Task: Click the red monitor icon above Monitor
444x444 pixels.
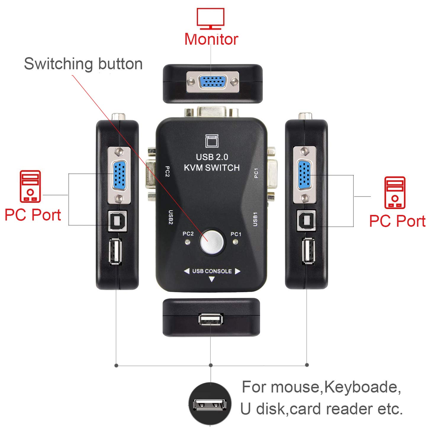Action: click(210, 19)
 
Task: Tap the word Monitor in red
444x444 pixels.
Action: click(211, 39)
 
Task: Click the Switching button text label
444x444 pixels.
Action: click(83, 64)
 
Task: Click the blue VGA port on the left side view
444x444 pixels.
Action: click(119, 174)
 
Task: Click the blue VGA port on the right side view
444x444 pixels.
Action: click(304, 174)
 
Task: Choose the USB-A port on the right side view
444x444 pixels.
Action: click(308, 250)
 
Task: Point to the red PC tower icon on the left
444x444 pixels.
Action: click(30, 186)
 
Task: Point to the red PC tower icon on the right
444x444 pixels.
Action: click(395, 193)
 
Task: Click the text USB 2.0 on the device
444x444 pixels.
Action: click(212, 157)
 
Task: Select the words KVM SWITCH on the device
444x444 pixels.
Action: click(212, 168)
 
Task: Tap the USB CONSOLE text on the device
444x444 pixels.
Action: click(212, 271)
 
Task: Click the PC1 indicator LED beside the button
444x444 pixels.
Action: click(236, 242)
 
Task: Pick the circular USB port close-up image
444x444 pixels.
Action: click(210, 404)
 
